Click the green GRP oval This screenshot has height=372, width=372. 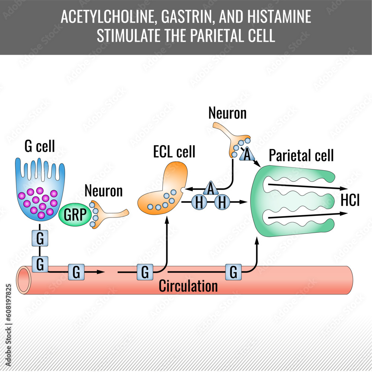click(x=74, y=215)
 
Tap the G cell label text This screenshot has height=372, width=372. click(x=40, y=146)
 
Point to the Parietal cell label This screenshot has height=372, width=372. click(x=301, y=155)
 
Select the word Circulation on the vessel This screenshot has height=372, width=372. click(x=188, y=286)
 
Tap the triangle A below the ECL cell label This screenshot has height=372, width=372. click(x=211, y=189)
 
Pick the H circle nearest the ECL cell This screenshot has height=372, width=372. click(x=199, y=203)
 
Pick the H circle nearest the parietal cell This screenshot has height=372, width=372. click(x=222, y=203)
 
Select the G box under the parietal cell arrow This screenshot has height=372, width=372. click(x=233, y=272)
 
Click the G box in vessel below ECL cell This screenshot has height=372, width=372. click(x=145, y=272)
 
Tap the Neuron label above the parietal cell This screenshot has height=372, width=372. click(x=227, y=113)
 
